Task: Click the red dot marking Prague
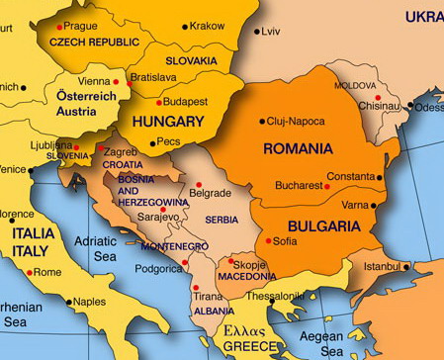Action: [59, 27]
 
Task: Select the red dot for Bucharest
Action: [326, 186]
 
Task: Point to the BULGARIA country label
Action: [324, 226]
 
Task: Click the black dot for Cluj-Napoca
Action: [262, 122]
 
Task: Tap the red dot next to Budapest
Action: [158, 102]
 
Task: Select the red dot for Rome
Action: [30, 272]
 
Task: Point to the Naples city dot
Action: [69, 302]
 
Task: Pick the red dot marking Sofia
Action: [268, 240]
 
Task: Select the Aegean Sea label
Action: [320, 344]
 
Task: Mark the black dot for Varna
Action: [374, 206]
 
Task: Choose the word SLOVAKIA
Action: [191, 60]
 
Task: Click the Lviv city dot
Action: [257, 32]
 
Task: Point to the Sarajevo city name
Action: [158, 217]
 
